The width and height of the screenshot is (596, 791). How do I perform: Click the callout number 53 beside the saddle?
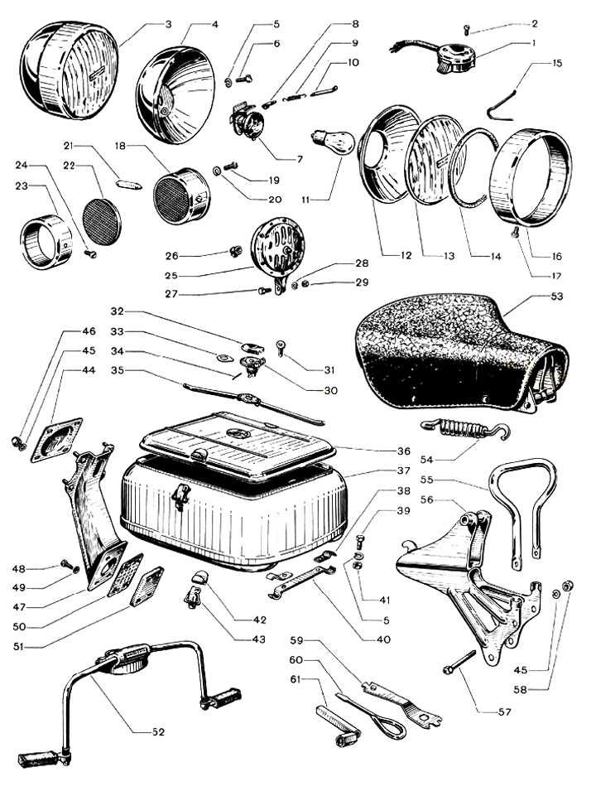coord(556,296)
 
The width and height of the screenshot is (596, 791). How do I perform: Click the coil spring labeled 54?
coord(464,429)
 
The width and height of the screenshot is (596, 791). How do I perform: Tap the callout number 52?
coord(158,732)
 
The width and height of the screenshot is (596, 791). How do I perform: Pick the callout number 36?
coord(404,451)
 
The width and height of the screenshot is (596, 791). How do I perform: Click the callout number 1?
coord(533,43)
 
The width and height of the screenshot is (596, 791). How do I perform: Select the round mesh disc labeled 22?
coord(101,222)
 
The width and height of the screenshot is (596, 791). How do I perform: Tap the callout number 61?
coord(296,679)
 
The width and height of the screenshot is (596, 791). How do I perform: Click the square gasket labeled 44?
coord(56,440)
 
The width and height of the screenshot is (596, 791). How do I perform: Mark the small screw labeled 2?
coord(466,30)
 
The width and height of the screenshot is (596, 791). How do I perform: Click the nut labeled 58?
coord(567,586)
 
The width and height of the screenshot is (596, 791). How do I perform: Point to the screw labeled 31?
coord(281,347)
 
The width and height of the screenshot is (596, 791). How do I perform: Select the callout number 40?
coord(383,639)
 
